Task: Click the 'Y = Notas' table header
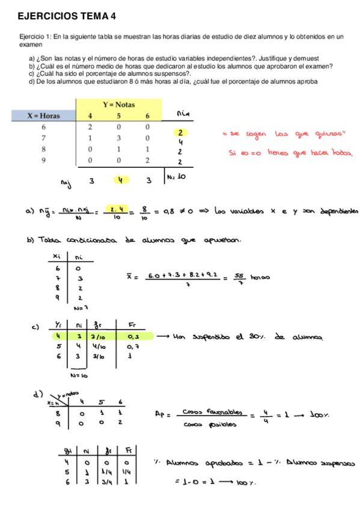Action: [119, 104]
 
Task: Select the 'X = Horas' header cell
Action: [43, 115]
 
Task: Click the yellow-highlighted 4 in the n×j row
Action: [120, 180]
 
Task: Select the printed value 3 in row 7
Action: [119, 138]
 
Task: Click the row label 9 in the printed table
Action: [43, 160]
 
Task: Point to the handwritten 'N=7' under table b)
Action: [81, 308]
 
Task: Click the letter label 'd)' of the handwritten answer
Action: [37, 394]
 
